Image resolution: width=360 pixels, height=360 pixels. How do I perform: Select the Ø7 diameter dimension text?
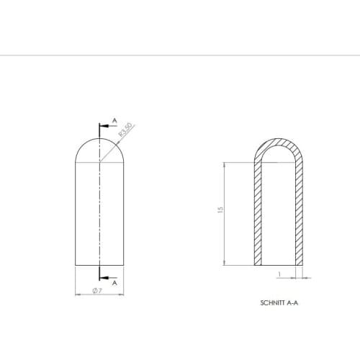[x=98, y=291]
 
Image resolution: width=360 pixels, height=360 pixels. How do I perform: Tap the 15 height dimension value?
[x=221, y=210]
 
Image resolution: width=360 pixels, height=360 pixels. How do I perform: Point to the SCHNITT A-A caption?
[x=279, y=304]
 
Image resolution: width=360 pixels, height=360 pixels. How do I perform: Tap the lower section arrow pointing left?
[x=104, y=276]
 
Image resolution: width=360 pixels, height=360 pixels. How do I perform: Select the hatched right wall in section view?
[x=300, y=216]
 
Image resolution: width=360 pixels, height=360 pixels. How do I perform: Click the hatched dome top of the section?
[x=278, y=140]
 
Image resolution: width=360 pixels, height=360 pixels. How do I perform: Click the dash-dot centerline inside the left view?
[x=99, y=216]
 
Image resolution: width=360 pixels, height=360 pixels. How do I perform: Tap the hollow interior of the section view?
[x=278, y=216]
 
